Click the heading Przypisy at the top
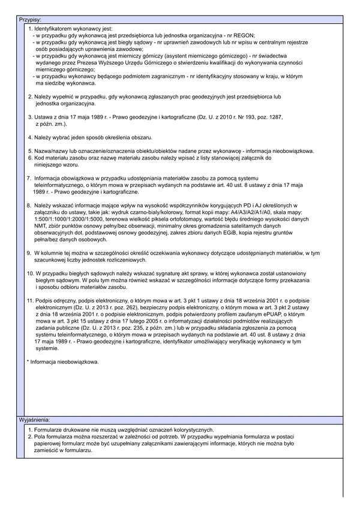click(x=30, y=20)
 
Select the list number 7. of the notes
click(x=29, y=178)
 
